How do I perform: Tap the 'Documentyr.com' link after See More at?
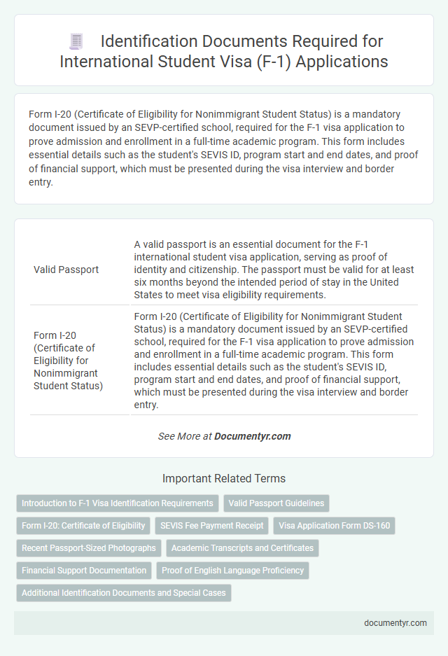[252, 435]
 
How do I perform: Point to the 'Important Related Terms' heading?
[223, 479]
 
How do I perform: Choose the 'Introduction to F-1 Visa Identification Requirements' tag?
[117, 503]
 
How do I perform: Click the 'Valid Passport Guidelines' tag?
[276, 503]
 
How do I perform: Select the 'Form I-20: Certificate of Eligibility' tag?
[83, 525]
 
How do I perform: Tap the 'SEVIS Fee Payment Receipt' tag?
[211, 525]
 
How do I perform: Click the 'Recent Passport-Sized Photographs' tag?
[89, 547]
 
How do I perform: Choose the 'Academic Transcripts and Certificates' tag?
[242, 547]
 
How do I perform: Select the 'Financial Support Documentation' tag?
[84, 570]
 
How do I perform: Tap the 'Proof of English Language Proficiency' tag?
[232, 570]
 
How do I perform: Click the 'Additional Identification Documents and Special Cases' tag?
[123, 592]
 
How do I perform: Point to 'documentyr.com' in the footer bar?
[397, 622]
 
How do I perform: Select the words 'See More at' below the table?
[185, 435]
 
